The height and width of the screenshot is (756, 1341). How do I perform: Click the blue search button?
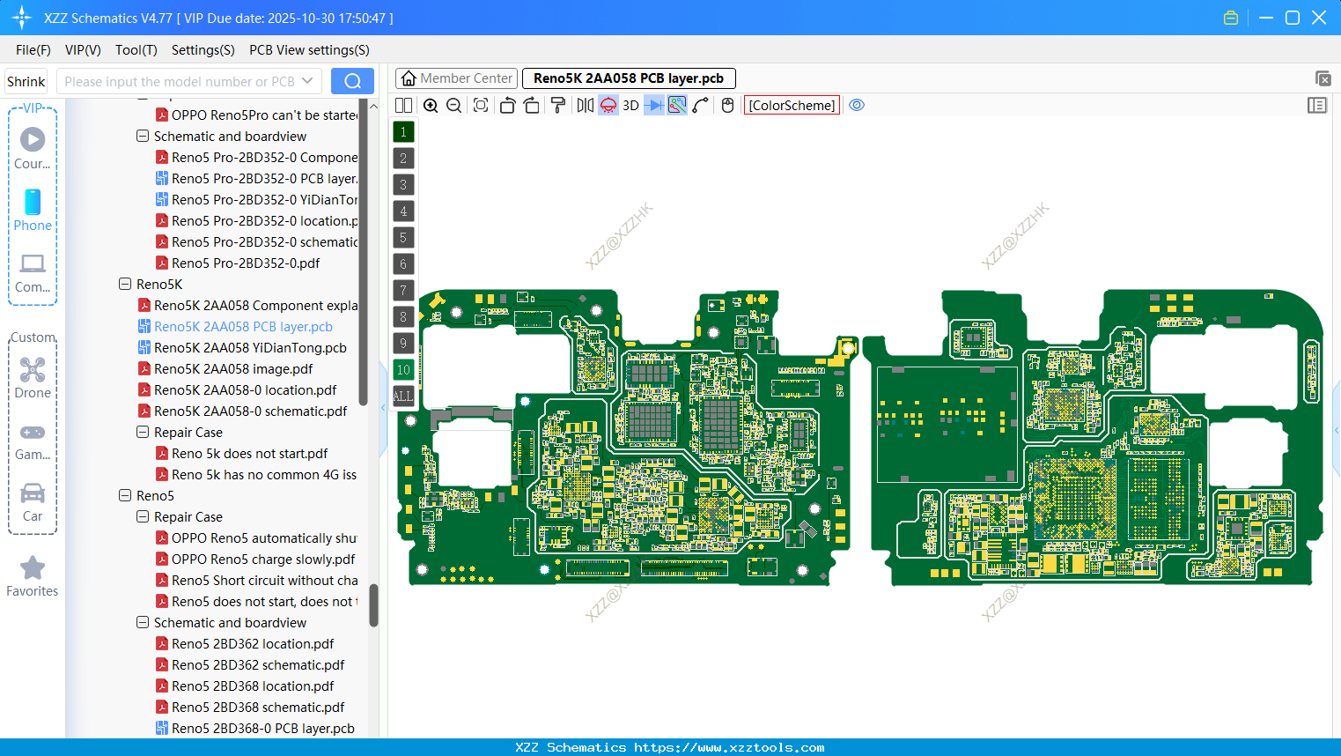[x=352, y=81]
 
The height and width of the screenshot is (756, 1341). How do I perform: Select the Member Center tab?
[x=456, y=78]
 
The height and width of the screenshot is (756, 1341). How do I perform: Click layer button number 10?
[x=403, y=370]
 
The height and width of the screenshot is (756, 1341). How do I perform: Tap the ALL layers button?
[x=403, y=397]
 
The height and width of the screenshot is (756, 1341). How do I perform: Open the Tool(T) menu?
[x=136, y=50]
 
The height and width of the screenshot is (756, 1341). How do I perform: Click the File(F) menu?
[x=33, y=50]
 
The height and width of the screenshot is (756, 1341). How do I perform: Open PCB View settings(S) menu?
[x=309, y=50]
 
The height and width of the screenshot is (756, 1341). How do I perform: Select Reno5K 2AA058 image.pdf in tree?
[x=233, y=369]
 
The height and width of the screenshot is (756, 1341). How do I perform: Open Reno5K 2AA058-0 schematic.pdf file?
[x=250, y=411]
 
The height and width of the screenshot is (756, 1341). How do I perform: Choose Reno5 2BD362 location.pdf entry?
[x=253, y=644]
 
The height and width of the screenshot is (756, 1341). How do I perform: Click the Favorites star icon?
[x=33, y=568]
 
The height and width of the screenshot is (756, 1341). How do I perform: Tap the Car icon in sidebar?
[x=33, y=493]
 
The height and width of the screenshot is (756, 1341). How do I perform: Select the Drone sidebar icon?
[x=33, y=370]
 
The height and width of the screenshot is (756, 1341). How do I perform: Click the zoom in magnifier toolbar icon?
[x=431, y=106]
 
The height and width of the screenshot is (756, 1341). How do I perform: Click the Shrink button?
[x=26, y=81]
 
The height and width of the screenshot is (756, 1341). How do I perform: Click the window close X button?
[x=1319, y=18]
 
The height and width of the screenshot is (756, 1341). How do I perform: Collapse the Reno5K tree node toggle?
[x=125, y=285]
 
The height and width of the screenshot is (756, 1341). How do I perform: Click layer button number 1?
[x=403, y=132]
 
